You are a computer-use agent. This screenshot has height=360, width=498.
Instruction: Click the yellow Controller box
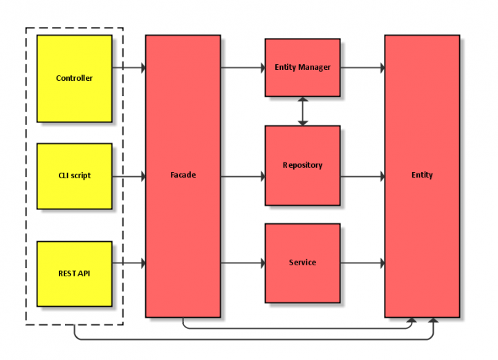point(74,79)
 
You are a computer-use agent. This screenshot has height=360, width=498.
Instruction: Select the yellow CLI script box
point(74,176)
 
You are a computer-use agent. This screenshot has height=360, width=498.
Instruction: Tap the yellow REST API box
point(74,274)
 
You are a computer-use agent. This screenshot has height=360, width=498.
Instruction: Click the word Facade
point(183,175)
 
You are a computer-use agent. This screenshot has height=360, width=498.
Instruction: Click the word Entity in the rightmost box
point(422,175)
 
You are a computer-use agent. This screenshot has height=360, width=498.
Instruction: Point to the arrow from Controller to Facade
point(129,68)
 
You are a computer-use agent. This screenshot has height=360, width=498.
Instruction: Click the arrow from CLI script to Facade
point(129,176)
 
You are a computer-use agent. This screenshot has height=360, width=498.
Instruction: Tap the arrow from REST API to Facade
point(129,263)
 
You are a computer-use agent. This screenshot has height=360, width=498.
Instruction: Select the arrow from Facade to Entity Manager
point(243,68)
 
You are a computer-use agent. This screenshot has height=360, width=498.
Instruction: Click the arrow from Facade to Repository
point(243,176)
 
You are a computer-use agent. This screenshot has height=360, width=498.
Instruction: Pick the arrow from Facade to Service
point(243,263)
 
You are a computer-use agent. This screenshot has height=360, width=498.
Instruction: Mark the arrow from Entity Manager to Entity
point(362,68)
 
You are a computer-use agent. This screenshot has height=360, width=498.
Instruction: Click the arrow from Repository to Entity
point(362,176)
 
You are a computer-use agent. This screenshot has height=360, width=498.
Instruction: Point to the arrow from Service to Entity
point(362,263)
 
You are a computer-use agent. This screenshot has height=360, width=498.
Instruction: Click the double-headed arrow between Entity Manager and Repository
point(302,111)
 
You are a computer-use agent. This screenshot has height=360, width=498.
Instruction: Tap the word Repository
point(302,165)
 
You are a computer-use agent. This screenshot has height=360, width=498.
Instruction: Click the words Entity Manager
point(302,67)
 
